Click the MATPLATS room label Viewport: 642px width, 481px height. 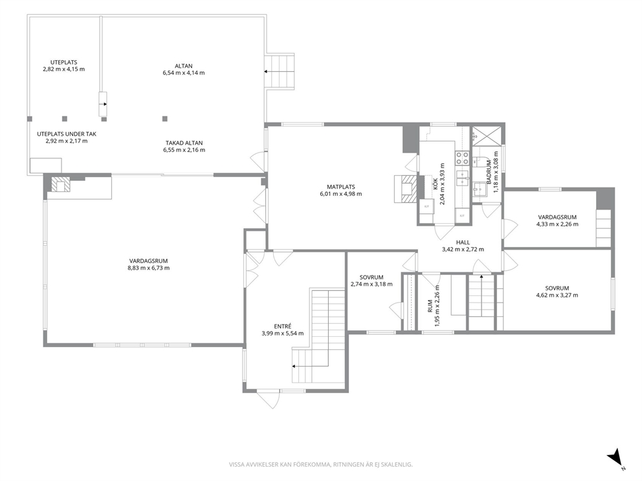(x=340, y=187)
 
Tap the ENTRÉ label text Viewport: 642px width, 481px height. (x=283, y=326)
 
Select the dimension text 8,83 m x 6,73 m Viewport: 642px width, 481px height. (x=149, y=268)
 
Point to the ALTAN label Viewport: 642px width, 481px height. (x=183, y=66)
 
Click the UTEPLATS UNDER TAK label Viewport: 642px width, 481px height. (x=67, y=134)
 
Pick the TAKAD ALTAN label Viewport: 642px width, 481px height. (x=184, y=143)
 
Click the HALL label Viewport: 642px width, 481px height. (x=463, y=242)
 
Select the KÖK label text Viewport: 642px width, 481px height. (x=436, y=183)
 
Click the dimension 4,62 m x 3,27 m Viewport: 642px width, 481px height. (x=557, y=295)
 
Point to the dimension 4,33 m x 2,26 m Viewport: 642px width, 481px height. (x=557, y=224)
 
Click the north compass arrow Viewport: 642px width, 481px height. (x=614, y=457)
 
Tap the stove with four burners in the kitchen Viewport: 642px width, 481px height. (x=463, y=158)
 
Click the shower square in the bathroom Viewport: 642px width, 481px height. (x=487, y=136)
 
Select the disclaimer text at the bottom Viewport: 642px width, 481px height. (x=320, y=464)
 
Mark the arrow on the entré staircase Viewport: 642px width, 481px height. (x=311, y=366)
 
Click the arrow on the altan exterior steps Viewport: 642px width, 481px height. (x=279, y=71)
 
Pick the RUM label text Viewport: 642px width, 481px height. (x=430, y=306)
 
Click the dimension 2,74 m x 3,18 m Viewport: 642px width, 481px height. (x=371, y=284)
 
